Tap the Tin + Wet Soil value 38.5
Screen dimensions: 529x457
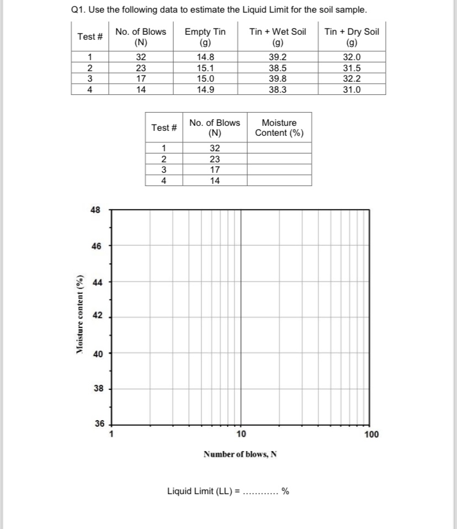tap(277, 68)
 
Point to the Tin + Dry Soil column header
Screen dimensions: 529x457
tap(352, 36)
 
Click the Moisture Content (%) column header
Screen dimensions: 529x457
tap(279, 128)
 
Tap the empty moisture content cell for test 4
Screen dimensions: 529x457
tap(279, 180)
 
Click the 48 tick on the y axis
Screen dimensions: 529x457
tap(96, 210)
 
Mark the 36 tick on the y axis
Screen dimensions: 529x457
tap(99, 424)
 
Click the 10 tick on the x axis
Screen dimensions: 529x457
tap(241, 434)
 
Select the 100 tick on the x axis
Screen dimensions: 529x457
tap(371, 434)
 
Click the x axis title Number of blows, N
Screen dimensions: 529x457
tap(240, 454)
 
